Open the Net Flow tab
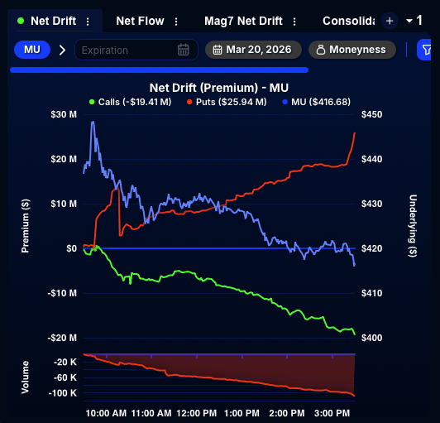point(140,21)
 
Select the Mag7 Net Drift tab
point(246,21)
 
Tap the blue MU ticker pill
point(32,50)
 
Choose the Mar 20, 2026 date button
point(253,50)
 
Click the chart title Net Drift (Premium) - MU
point(218,87)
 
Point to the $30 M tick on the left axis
point(64,114)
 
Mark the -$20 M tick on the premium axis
point(62,338)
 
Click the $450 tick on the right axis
point(373,114)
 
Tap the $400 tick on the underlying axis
point(373,338)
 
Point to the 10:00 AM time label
point(106,411)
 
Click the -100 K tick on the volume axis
point(63,392)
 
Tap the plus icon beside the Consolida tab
point(390,21)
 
